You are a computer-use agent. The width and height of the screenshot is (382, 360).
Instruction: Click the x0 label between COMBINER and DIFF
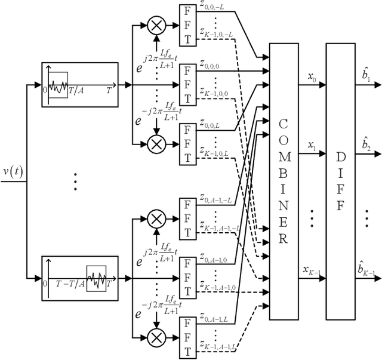click(312, 78)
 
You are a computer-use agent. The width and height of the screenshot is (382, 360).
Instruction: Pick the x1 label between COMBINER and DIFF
click(312, 145)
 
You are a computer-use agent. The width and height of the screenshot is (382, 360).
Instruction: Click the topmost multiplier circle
click(158, 26)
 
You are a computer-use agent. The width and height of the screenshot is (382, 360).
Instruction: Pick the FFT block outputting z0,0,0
click(187, 85)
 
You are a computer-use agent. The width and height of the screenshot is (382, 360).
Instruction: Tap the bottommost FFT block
click(187, 334)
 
